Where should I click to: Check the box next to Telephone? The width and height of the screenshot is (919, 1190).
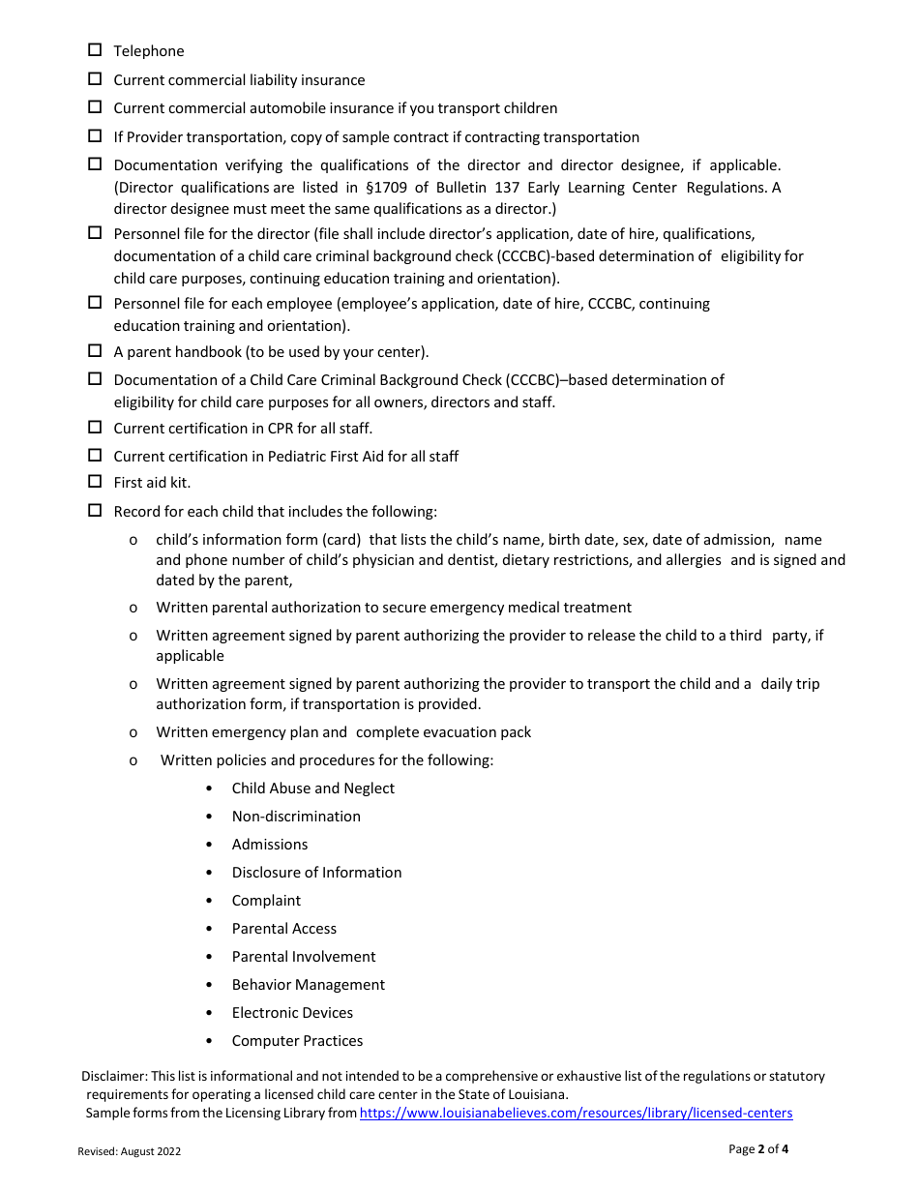95,50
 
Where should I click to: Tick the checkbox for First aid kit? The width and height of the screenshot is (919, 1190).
95,482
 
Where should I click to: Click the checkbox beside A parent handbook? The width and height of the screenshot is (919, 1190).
95,351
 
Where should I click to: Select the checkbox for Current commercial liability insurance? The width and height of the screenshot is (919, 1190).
95,79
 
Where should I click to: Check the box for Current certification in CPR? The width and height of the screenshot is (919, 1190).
95,427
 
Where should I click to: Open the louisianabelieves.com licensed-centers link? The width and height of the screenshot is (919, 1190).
576,1113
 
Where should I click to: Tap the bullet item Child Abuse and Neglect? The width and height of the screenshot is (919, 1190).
312,788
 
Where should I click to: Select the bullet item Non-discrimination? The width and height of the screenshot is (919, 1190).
296,817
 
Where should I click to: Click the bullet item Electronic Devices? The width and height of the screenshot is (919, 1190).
292,1013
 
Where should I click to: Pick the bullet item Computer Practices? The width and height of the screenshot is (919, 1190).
297,1041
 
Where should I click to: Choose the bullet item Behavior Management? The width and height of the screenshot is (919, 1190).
308,985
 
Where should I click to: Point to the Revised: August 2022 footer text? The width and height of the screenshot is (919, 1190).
129,1151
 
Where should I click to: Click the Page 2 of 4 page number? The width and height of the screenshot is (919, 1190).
758,1149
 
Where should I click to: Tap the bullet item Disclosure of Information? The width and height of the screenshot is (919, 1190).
316,873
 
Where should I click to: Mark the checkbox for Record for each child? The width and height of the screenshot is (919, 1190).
95,510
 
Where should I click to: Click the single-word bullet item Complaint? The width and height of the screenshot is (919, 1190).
266,901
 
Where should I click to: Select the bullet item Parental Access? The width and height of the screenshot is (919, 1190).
284,929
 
